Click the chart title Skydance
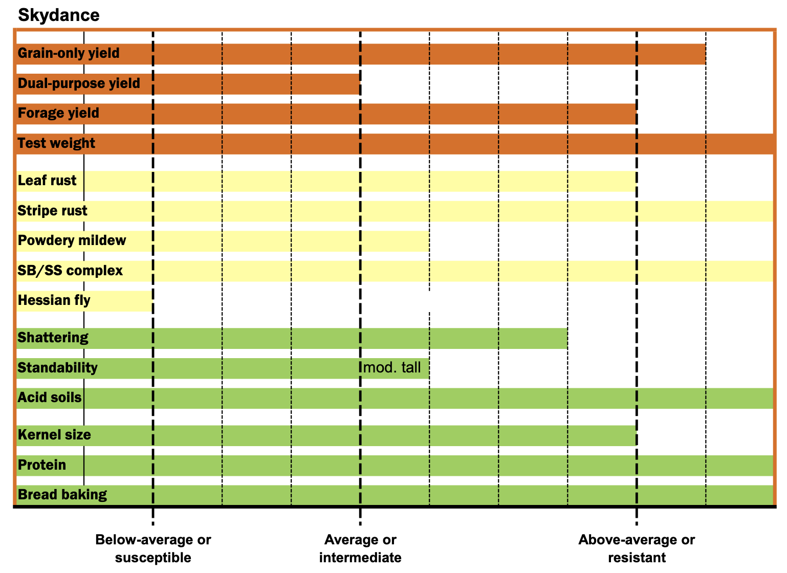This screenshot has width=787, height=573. pyautogui.click(x=58, y=15)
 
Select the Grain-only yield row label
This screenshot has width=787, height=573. pyautogui.click(x=69, y=53)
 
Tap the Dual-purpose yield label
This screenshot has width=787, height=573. pyautogui.click(x=79, y=83)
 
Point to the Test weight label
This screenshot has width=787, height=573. pyautogui.click(x=56, y=143)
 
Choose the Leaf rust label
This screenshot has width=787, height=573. pyautogui.click(x=47, y=181)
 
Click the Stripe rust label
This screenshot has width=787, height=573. pyautogui.click(x=52, y=211)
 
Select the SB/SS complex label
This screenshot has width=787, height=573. pyautogui.click(x=70, y=271)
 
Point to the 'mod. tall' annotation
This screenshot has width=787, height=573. pyautogui.click(x=392, y=368)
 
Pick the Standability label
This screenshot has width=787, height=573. pyautogui.click(x=57, y=368)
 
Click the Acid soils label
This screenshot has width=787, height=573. pyautogui.click(x=50, y=398)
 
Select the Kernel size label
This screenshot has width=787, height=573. pyautogui.click(x=54, y=435)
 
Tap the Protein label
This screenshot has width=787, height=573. pyautogui.click(x=42, y=465)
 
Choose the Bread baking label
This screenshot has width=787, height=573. pyautogui.click(x=62, y=495)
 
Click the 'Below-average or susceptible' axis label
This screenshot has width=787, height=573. pyautogui.click(x=153, y=548)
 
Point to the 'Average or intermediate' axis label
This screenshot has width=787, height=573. pyautogui.click(x=360, y=548)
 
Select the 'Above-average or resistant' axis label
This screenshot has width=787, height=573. pyautogui.click(x=637, y=548)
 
